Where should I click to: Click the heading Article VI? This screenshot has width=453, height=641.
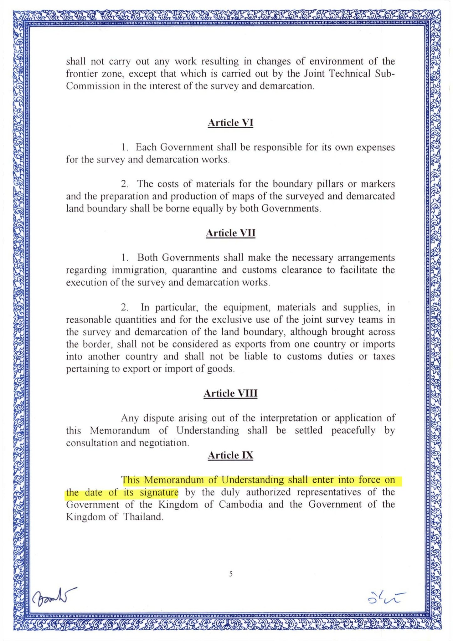click(230, 123)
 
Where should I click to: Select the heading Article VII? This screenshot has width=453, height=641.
click(230, 233)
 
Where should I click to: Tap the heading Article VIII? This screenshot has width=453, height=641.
click(230, 393)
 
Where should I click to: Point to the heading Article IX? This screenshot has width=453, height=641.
click(230, 455)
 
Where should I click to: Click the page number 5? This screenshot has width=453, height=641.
click(231, 574)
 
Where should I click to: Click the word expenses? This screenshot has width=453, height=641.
click(376, 147)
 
